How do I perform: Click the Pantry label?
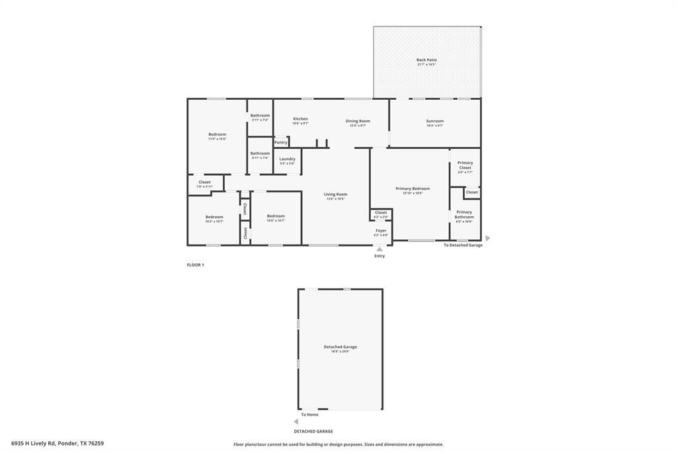click(x=281, y=142)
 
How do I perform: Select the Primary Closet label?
click(x=465, y=166)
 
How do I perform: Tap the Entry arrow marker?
click(x=379, y=249)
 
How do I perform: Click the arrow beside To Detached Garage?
click(x=488, y=238)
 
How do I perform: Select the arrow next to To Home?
click(x=296, y=421)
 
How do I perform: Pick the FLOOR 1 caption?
click(x=196, y=265)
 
